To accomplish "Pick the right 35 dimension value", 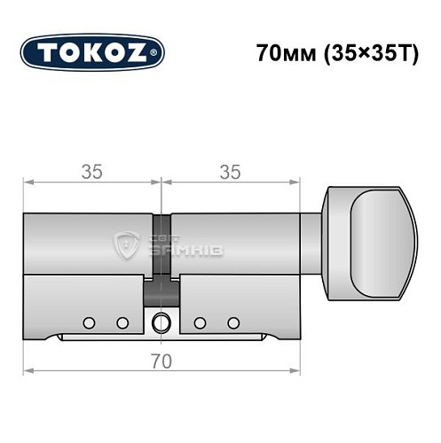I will click(x=231, y=173).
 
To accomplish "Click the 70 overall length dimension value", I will click(x=161, y=362).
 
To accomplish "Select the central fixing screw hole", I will click(x=161, y=323).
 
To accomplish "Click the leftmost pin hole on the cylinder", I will click(x=90, y=322).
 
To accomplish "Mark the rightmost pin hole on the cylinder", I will click(x=233, y=322).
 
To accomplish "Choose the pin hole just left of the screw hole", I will click(x=122, y=322).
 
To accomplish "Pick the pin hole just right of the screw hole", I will click(x=201, y=322).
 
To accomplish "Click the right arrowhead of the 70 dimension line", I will click(x=295, y=371).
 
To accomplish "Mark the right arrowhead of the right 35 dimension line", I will click(x=295, y=184).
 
